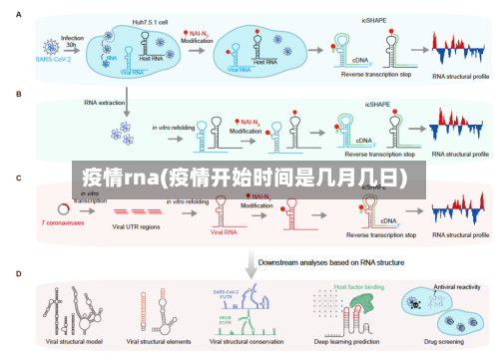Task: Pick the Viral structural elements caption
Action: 155,341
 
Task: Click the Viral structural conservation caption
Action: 245,341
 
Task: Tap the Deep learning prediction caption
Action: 342,341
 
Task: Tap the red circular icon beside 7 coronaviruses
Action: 64,208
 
